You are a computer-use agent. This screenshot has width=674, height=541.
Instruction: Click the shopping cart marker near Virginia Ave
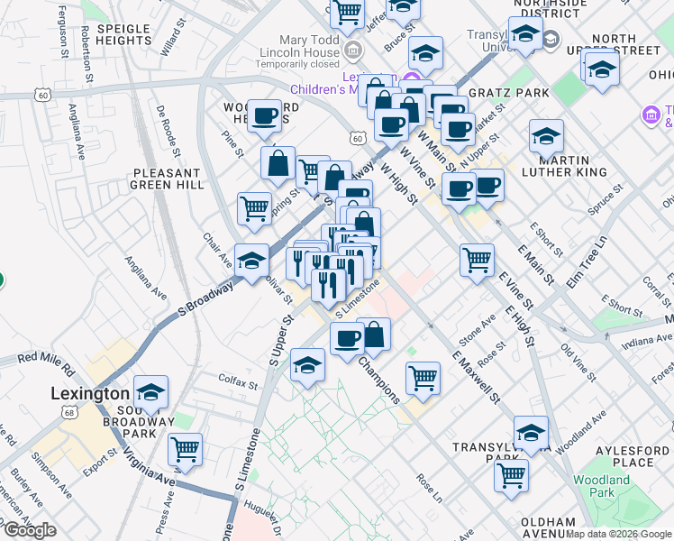tap(185, 448)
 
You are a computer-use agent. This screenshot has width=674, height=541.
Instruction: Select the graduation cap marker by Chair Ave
tap(251, 261)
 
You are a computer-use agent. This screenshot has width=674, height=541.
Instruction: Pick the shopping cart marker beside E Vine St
tap(477, 261)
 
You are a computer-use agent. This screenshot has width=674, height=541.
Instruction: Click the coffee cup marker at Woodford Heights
tap(264, 115)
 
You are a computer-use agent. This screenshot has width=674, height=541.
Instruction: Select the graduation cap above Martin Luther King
tap(546, 136)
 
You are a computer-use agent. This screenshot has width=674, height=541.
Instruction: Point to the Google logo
tap(29, 530)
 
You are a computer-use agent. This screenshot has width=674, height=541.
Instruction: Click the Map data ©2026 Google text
tap(618, 534)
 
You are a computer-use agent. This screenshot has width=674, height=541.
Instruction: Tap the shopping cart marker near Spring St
tap(255, 208)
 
